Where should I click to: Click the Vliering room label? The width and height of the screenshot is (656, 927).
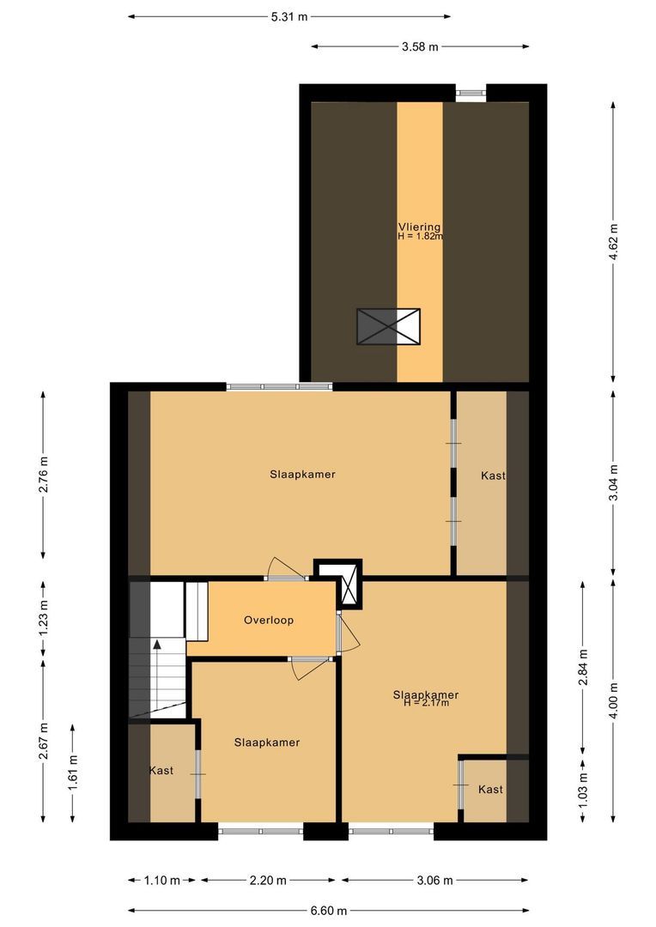click(419, 227)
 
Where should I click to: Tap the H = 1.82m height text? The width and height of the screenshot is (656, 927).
click(420, 236)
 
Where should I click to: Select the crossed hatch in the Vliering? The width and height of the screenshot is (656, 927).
click(389, 326)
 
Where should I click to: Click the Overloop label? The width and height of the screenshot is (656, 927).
click(269, 620)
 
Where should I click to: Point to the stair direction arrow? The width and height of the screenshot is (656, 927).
click(156, 645)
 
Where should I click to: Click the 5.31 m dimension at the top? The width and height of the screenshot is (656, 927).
click(289, 16)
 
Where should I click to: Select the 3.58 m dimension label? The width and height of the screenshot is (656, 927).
click(420, 47)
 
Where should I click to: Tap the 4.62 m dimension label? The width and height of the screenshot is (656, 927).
click(614, 241)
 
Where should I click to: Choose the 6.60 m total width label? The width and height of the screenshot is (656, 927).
click(328, 911)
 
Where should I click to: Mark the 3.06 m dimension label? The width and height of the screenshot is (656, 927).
click(434, 880)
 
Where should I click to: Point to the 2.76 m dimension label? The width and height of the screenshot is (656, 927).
click(44, 471)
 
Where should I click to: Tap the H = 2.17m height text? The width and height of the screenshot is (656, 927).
click(426, 704)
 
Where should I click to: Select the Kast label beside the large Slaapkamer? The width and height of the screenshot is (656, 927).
click(493, 475)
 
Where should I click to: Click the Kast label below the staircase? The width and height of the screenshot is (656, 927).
click(161, 771)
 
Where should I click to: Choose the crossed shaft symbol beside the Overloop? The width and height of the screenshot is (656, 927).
click(351, 589)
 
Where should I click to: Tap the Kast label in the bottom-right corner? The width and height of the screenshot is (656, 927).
click(490, 790)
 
